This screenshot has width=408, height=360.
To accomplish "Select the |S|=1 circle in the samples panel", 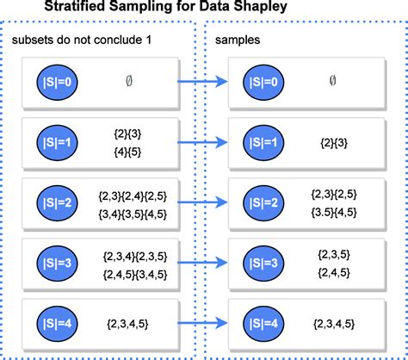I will (x=268, y=141).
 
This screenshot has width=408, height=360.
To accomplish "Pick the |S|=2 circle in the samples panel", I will (x=268, y=202).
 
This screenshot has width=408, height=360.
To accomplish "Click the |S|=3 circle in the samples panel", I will (x=268, y=263).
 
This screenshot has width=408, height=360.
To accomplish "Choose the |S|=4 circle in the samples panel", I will (x=268, y=324).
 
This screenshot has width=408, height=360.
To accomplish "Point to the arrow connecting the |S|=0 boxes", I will (x=203, y=82).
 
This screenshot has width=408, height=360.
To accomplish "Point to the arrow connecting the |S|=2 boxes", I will (x=203, y=202).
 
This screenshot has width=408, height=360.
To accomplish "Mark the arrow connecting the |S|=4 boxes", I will (x=203, y=324).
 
